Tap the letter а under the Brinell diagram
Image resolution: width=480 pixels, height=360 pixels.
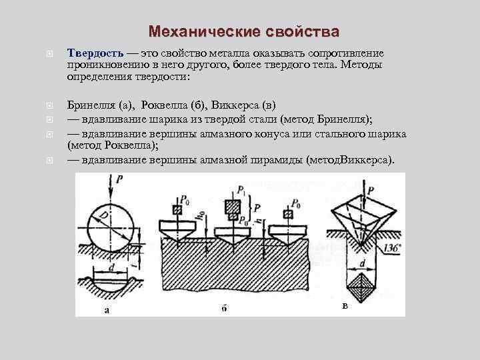click(x=107, y=309)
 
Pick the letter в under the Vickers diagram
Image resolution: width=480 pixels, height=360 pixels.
click(x=344, y=306)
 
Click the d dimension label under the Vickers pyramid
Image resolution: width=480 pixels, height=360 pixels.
click(x=361, y=263)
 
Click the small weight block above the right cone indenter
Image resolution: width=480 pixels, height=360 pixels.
click(x=288, y=214)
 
